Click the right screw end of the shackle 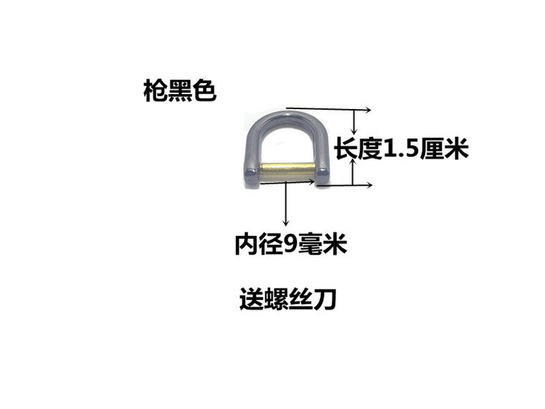pyautogui.click(x=323, y=174)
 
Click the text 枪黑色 pyautogui.click(x=179, y=92)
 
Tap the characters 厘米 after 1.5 pyautogui.click(x=448, y=150)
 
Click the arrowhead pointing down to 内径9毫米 pyautogui.click(x=287, y=223)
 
